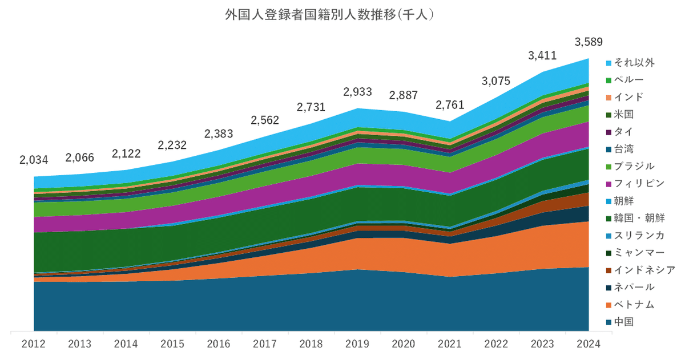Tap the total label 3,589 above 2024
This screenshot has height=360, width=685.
(x=589, y=42)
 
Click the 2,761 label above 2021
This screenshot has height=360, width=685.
(x=450, y=104)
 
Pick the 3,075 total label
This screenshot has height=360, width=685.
(x=496, y=80)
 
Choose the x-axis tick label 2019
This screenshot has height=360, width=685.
(x=357, y=344)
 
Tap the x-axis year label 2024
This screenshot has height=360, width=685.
(x=589, y=344)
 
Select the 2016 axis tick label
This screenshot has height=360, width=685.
(x=218, y=344)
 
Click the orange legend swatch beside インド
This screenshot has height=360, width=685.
(x=609, y=97)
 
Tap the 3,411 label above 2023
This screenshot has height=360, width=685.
(x=542, y=56)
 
